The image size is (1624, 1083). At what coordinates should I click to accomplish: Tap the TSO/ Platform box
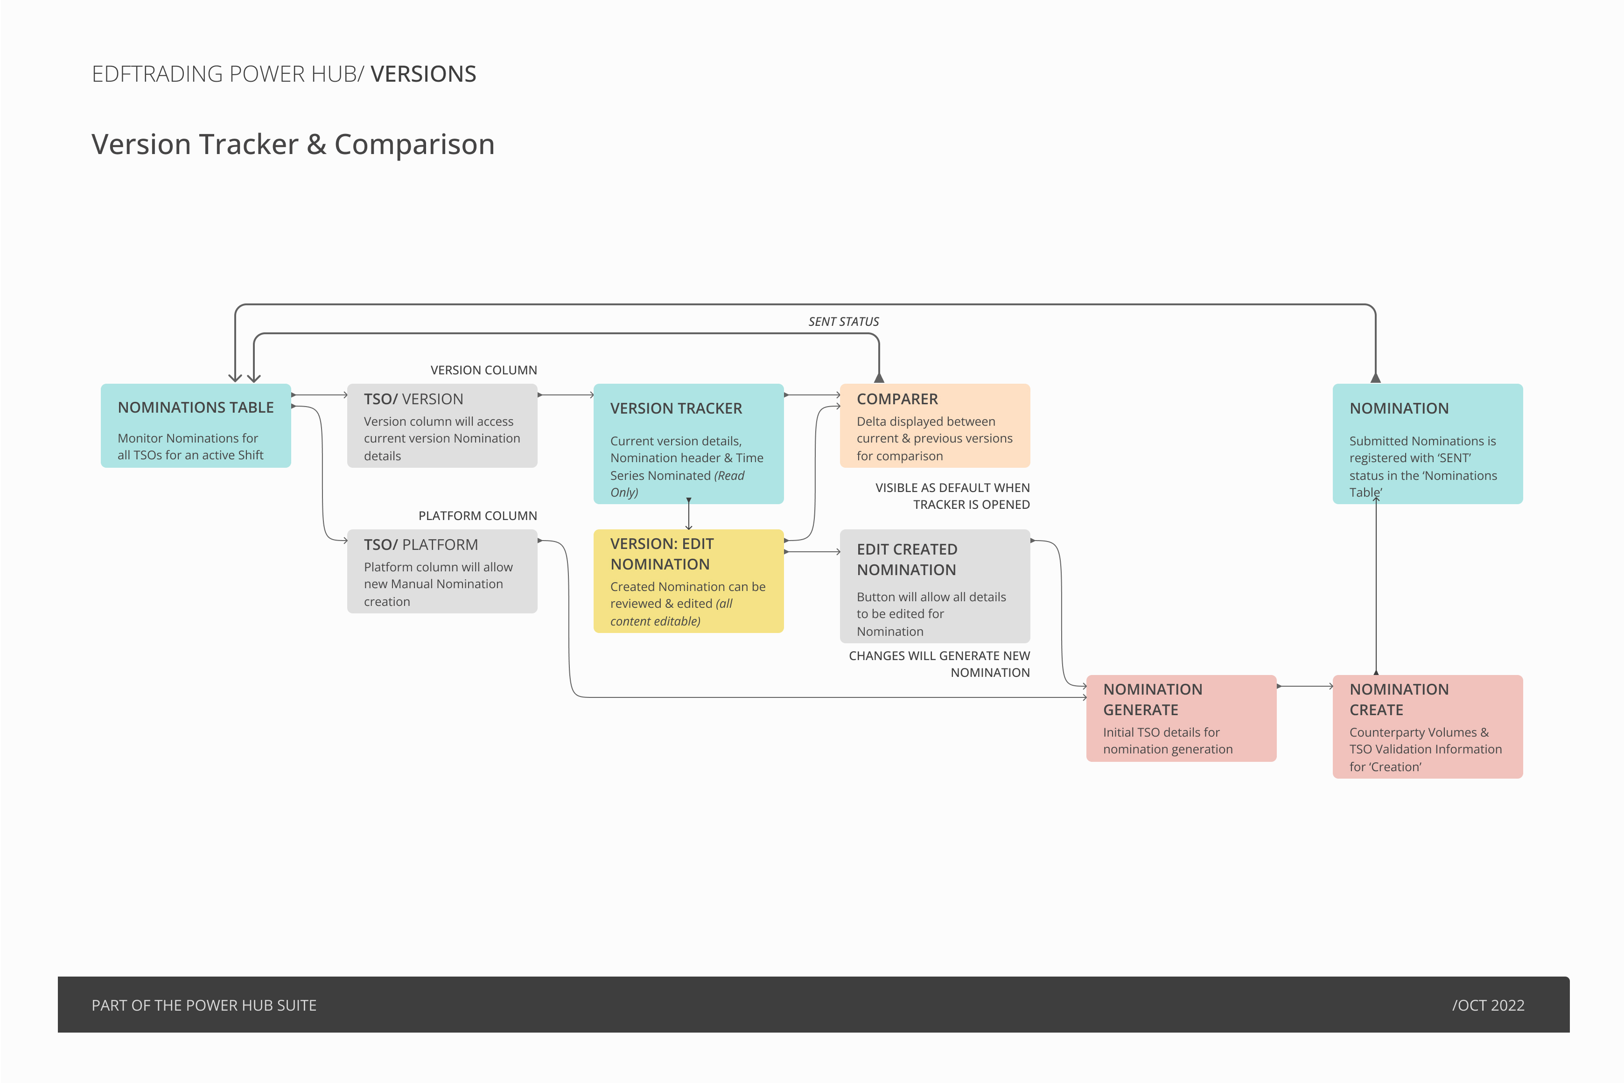[442, 571]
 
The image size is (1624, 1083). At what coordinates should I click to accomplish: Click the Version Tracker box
[688, 443]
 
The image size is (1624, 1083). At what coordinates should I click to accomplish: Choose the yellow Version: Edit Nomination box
[688, 581]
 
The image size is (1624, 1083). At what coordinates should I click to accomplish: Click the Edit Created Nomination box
[934, 586]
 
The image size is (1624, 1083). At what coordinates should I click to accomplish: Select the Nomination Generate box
[1181, 718]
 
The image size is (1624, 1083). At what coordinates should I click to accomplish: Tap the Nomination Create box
[1427, 727]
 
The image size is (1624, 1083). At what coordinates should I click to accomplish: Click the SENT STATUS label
[843, 322]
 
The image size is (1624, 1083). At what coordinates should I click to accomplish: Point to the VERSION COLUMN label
[483, 370]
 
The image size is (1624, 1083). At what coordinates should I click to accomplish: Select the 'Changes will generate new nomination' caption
[939, 664]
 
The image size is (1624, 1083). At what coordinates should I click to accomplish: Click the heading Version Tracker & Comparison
[293, 144]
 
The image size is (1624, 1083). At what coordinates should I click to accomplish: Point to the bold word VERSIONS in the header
[423, 74]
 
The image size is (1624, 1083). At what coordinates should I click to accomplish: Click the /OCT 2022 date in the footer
[1488, 1005]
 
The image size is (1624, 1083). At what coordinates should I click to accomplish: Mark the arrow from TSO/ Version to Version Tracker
[566, 395]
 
